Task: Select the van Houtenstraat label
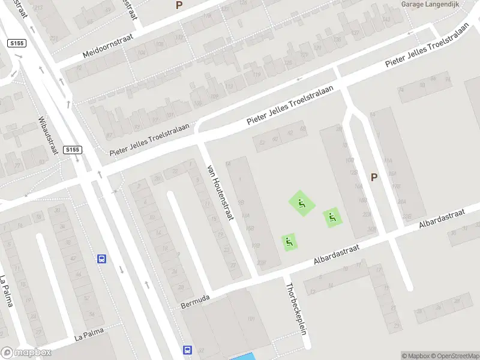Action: pyautogui.click(x=220, y=192)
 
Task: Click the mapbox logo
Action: pyautogui.click(x=26, y=353)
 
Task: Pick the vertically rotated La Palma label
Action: pyautogui.click(x=6, y=291)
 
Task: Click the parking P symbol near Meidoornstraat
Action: pyautogui.click(x=179, y=5)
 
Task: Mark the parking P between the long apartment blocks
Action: pyautogui.click(x=374, y=177)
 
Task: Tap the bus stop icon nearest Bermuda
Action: pyautogui.click(x=187, y=350)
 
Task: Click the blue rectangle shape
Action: pyautogui.click(x=243, y=357)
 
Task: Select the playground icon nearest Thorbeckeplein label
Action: pyautogui.click(x=290, y=242)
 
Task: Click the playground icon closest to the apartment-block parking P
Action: pyautogui.click(x=332, y=217)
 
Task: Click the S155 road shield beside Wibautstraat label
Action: pyautogui.click(x=72, y=149)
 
